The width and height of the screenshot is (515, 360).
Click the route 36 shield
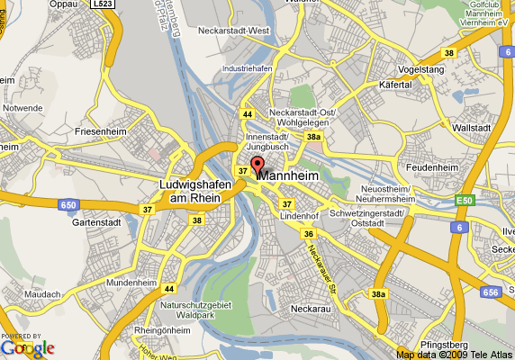pyautogui.click(x=308, y=233)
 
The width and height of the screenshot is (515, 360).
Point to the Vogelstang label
pyautogui.click(x=422, y=67)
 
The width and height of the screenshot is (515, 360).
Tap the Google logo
pyautogui.click(x=27, y=347)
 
